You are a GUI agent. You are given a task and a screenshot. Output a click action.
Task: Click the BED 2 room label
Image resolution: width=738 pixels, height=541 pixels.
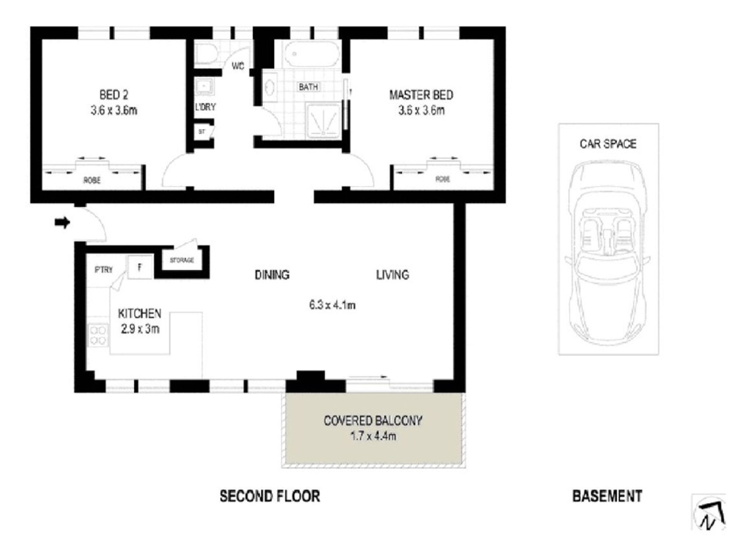pyautogui.click(x=114, y=95)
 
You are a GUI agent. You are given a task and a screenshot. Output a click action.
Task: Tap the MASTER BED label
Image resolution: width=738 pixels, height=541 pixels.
pyautogui.click(x=421, y=95)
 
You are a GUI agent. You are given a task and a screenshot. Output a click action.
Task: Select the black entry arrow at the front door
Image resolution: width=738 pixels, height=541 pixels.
pyautogui.click(x=62, y=222)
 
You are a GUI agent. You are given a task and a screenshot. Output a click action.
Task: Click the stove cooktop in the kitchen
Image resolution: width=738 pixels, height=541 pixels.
pyautogui.click(x=98, y=334)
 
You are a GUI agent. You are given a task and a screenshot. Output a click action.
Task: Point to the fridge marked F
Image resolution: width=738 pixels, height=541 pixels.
pyautogui.click(x=140, y=267)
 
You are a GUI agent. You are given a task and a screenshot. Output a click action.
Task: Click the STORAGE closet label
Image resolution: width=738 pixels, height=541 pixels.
pyautogui.click(x=182, y=260)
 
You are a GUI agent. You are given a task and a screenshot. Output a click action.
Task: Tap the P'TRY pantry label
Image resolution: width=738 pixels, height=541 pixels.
pyautogui.click(x=104, y=270)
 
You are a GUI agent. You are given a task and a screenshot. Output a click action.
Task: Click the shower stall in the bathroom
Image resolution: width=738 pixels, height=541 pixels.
pyautogui.click(x=324, y=121)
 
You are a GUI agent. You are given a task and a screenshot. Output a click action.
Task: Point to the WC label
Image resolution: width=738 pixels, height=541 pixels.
pyautogui.click(x=238, y=66)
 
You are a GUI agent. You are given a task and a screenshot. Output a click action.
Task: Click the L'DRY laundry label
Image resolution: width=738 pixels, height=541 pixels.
pyautogui.click(x=205, y=107)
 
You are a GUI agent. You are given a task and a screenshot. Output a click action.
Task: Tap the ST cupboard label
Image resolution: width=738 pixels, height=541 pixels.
pyautogui.click(x=201, y=131)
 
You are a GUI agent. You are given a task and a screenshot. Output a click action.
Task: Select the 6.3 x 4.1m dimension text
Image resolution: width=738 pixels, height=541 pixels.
pyautogui.click(x=332, y=305)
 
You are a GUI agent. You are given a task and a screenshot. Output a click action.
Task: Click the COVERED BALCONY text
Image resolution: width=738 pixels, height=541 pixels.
pyautogui.click(x=373, y=421)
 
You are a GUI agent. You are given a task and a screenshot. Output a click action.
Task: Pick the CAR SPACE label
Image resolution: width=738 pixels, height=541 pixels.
pyautogui.click(x=608, y=143)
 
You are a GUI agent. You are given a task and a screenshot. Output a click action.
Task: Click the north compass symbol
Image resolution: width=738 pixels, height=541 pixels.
pyautogui.click(x=709, y=513)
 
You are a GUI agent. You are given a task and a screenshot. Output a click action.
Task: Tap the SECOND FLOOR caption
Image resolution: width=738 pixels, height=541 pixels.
pyautogui.click(x=270, y=496)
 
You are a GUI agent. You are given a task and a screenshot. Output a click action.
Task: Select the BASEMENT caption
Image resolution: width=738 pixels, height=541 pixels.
pyautogui.click(x=607, y=496)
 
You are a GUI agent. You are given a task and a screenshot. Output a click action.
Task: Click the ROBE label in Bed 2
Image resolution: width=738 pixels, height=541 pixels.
pyautogui.click(x=92, y=180)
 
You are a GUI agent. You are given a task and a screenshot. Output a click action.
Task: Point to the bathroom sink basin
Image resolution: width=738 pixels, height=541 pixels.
pyautogui.click(x=270, y=87)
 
